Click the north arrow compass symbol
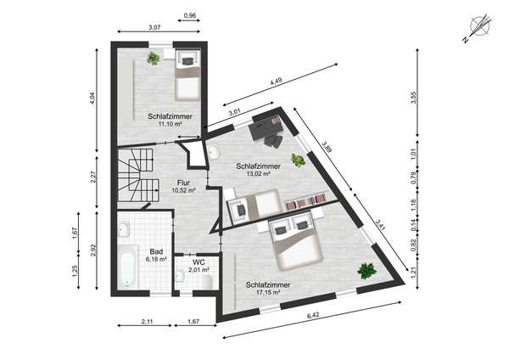pos(478,26)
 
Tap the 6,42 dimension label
pos(313,315)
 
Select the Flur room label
pos(183,183)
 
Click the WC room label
pos(199,262)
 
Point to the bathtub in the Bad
pos(126,266)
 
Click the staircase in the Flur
pos(138,176)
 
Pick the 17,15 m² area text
pos(268,292)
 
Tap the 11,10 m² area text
pos(170,124)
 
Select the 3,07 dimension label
pos(154,27)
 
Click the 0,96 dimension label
pos(190,15)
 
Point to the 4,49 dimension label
pos(276,81)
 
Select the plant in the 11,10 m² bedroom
pos(153,59)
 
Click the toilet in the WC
pos(207,282)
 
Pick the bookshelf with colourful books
pos(305,200)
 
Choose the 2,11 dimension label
pos(147,322)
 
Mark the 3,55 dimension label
pos(413,98)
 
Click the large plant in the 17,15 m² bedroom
pos(366,270)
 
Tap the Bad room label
pos(156,252)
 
